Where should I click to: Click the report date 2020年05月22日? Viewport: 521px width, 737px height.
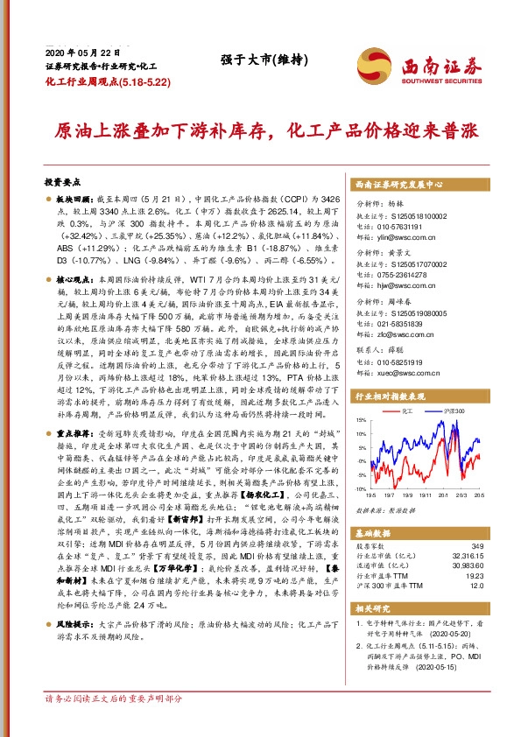[76, 52]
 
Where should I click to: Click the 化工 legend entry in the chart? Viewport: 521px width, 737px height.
[406, 410]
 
